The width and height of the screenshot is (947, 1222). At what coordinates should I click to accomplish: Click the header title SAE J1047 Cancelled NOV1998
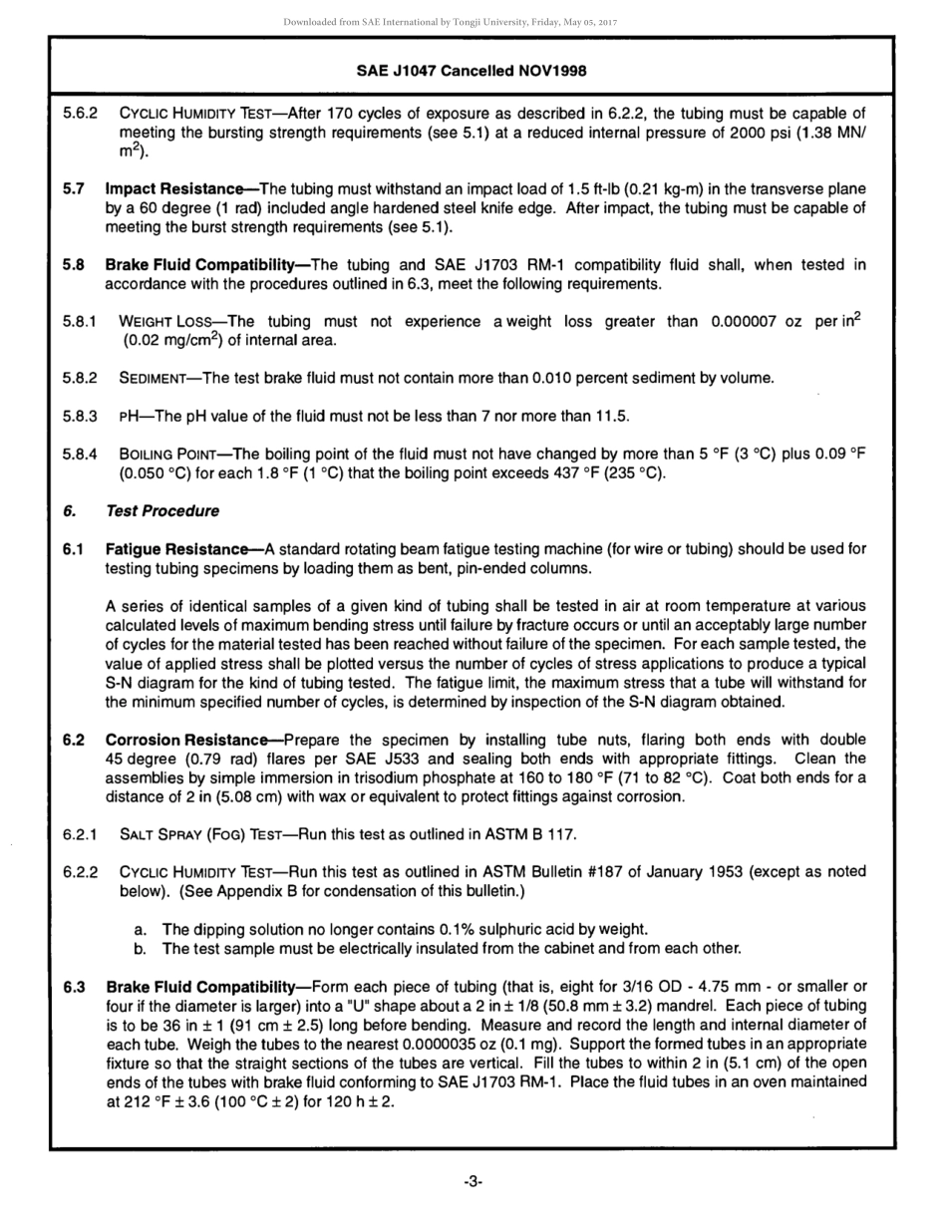click(x=472, y=71)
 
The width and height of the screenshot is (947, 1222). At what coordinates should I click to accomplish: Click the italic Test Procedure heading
click(x=161, y=511)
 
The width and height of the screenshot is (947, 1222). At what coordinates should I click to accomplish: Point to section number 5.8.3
click(x=80, y=415)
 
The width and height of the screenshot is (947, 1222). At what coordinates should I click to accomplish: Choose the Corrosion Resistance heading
click(x=192, y=741)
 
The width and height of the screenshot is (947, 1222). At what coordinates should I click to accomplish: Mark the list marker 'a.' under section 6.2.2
click(x=143, y=929)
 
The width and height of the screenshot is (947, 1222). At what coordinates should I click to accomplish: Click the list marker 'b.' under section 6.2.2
click(x=143, y=948)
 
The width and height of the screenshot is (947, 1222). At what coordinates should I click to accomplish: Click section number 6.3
click(x=74, y=987)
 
